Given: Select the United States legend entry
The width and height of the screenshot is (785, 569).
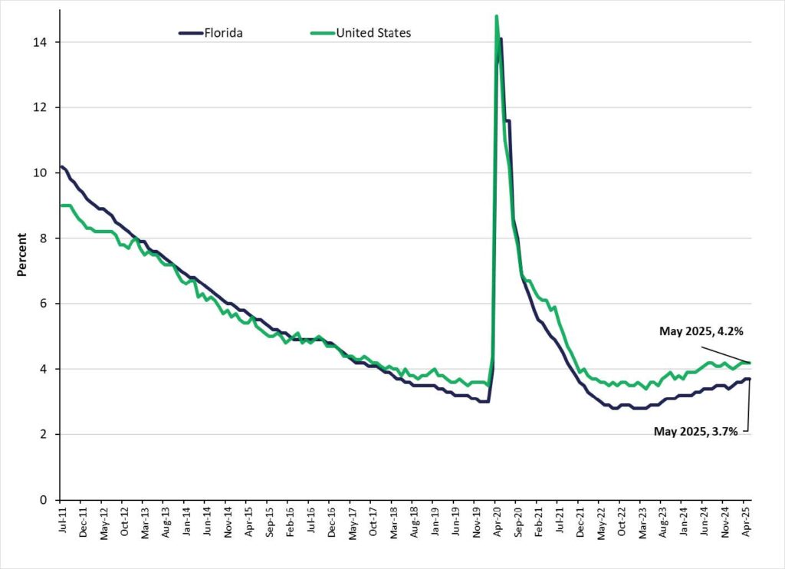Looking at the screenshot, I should click(373, 33).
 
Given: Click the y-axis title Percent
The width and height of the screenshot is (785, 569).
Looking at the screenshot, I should click(24, 255).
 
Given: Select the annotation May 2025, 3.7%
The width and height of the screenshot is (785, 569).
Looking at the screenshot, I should click(695, 432).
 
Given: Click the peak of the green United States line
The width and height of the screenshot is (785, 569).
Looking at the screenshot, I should click(497, 16).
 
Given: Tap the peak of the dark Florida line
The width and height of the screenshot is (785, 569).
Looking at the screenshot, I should click(501, 38).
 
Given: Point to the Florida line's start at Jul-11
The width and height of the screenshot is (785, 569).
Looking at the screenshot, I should click(61, 166).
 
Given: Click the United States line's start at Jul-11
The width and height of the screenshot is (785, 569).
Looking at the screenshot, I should click(61, 206).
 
